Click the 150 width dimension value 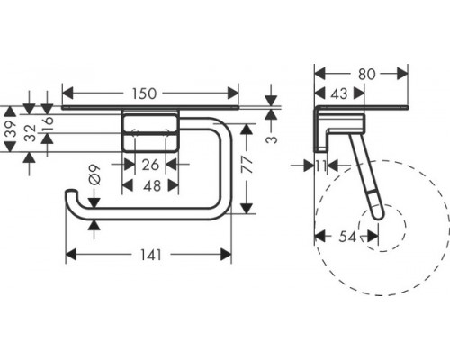[x=145, y=94]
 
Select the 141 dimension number [x=151, y=256]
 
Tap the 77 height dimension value [x=247, y=165]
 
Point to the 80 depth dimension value [x=367, y=74]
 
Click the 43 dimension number [x=339, y=94]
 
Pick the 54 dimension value [x=347, y=237]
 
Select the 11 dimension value [x=320, y=166]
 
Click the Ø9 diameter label [x=94, y=175]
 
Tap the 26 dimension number [x=150, y=165]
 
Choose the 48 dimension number [x=152, y=186]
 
